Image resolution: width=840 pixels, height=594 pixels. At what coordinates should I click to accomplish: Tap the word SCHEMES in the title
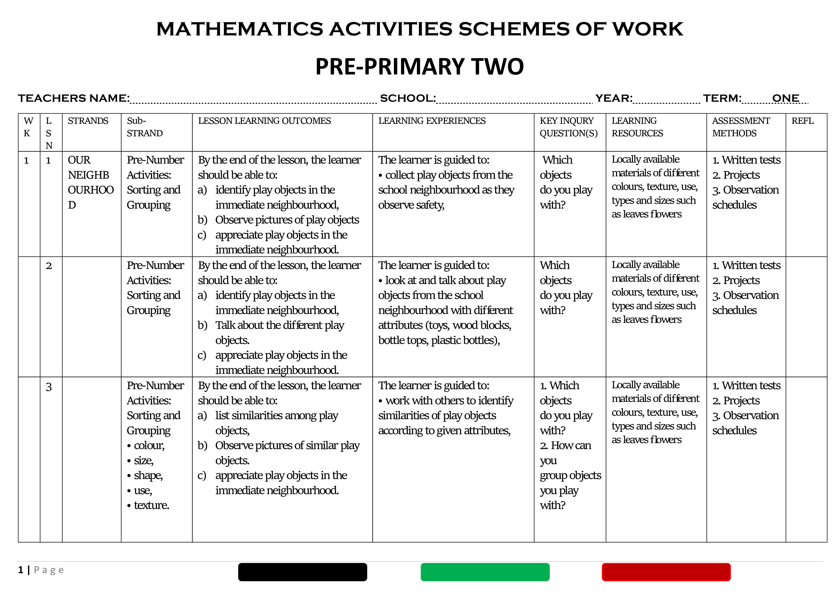coord(513,29)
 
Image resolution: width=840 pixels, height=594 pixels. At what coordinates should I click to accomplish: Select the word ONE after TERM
coord(785,98)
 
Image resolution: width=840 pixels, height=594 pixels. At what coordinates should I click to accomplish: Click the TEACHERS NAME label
coord(74,98)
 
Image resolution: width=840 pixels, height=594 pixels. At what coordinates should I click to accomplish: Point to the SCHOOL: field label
coord(408,98)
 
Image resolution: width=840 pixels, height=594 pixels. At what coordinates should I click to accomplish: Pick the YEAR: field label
coord(613,98)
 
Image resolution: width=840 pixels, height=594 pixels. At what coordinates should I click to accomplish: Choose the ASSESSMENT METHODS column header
coord(741,127)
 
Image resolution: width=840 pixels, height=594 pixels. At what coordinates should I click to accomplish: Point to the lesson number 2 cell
coord(49,266)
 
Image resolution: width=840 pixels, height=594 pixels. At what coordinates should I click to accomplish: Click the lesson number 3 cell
coord(49,387)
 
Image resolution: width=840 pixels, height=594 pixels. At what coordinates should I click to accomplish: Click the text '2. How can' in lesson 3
coord(565,445)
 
